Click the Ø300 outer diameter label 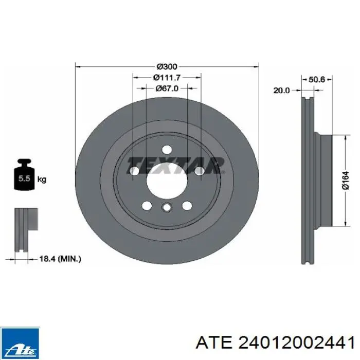(167, 66)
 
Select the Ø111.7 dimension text (167, 78)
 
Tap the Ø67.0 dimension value (167, 88)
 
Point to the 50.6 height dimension (317, 80)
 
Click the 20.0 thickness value (281, 91)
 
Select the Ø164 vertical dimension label (346, 181)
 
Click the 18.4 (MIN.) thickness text (60, 259)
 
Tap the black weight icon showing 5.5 (25, 174)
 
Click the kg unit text (42, 179)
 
